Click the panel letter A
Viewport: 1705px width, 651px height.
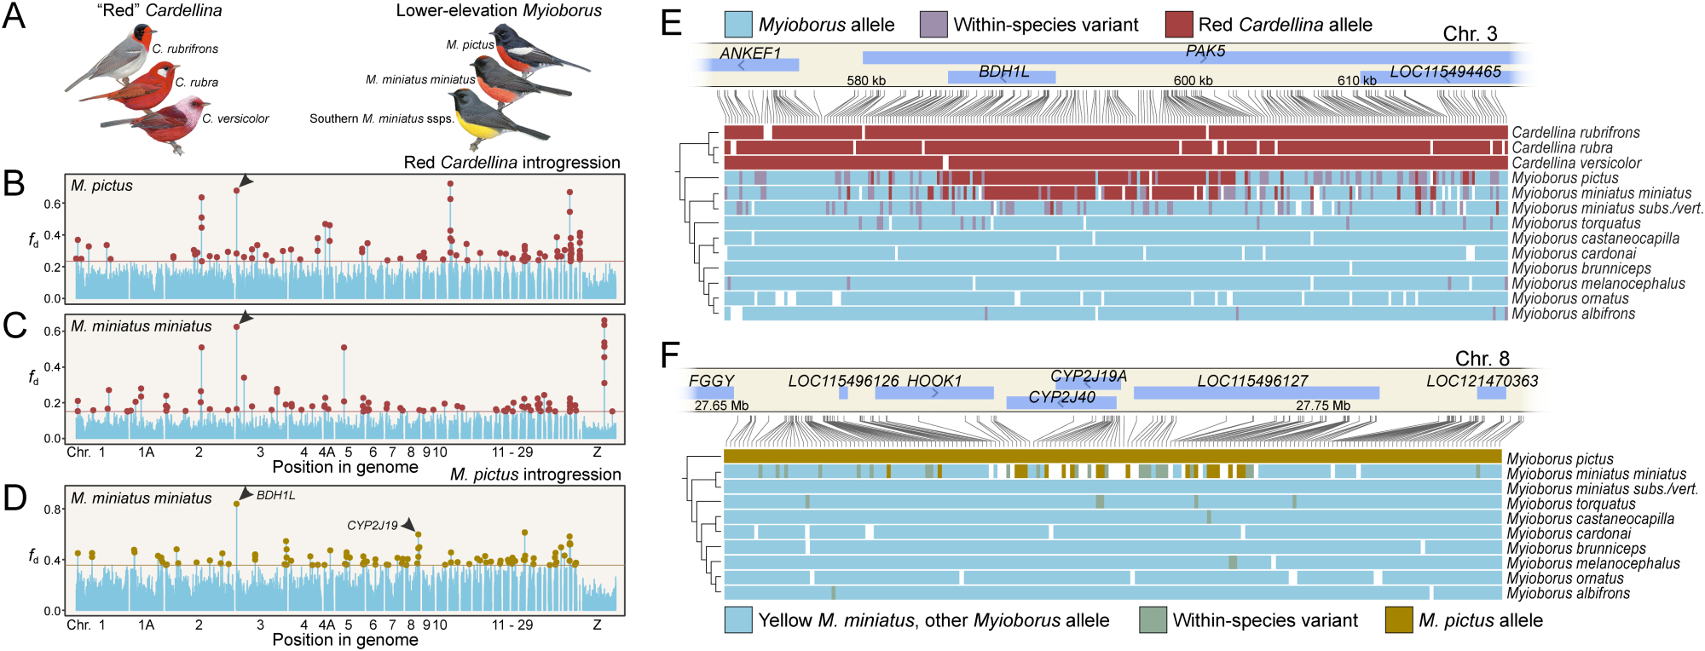click(x=14, y=15)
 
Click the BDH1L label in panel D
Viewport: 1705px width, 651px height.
click(x=275, y=495)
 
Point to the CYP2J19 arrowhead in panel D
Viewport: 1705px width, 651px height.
click(x=408, y=524)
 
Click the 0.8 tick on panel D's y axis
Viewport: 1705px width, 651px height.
click(x=52, y=510)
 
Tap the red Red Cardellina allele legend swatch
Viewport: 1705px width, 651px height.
click(x=1179, y=25)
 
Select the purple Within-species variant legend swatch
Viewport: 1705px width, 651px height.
click(x=933, y=25)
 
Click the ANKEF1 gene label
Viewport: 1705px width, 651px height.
click(x=750, y=53)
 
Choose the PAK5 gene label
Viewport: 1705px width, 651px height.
click(x=1205, y=51)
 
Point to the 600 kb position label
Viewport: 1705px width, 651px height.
click(x=1193, y=81)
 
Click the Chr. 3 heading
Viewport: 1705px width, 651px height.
click(x=1470, y=34)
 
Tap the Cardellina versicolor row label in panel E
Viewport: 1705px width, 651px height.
click(x=1576, y=163)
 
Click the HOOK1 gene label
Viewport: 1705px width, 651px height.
click(x=934, y=381)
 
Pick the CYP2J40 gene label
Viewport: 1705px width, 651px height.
click(x=1061, y=397)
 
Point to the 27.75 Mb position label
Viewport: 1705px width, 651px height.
click(x=1323, y=406)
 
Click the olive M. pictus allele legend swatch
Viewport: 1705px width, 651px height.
click(x=1399, y=620)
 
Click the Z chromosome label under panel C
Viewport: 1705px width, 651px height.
click(x=597, y=452)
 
